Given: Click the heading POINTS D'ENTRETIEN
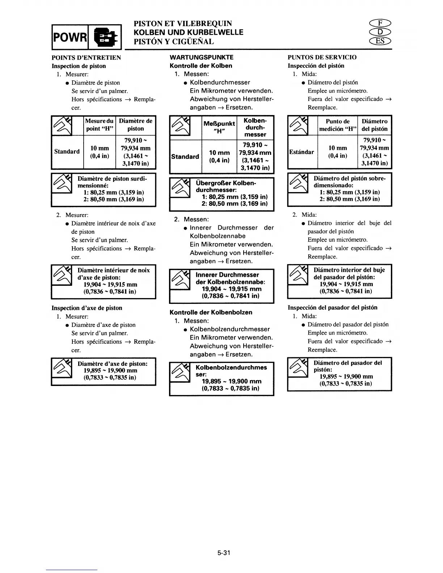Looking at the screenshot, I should (x=86, y=58).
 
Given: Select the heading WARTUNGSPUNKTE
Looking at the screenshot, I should (x=202, y=57).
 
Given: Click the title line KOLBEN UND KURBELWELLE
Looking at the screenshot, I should (x=189, y=33).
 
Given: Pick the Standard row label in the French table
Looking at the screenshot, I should (x=67, y=152).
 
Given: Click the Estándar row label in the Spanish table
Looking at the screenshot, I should (x=301, y=152).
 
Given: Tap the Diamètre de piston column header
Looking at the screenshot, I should (x=136, y=125).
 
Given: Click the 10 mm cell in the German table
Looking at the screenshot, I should (x=219, y=153).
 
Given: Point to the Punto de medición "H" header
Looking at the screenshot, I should (x=338, y=125).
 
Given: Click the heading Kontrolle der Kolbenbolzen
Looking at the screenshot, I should (x=211, y=312).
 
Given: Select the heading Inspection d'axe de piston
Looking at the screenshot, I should (x=87, y=308).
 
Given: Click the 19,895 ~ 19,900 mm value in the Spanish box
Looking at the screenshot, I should (x=346, y=377).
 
